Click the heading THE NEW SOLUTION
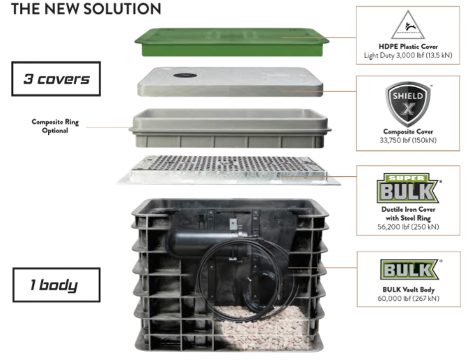pos(83,9)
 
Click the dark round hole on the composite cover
pos(183,75)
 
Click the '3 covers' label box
pos(56,79)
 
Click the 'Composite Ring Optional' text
pos(55,126)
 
